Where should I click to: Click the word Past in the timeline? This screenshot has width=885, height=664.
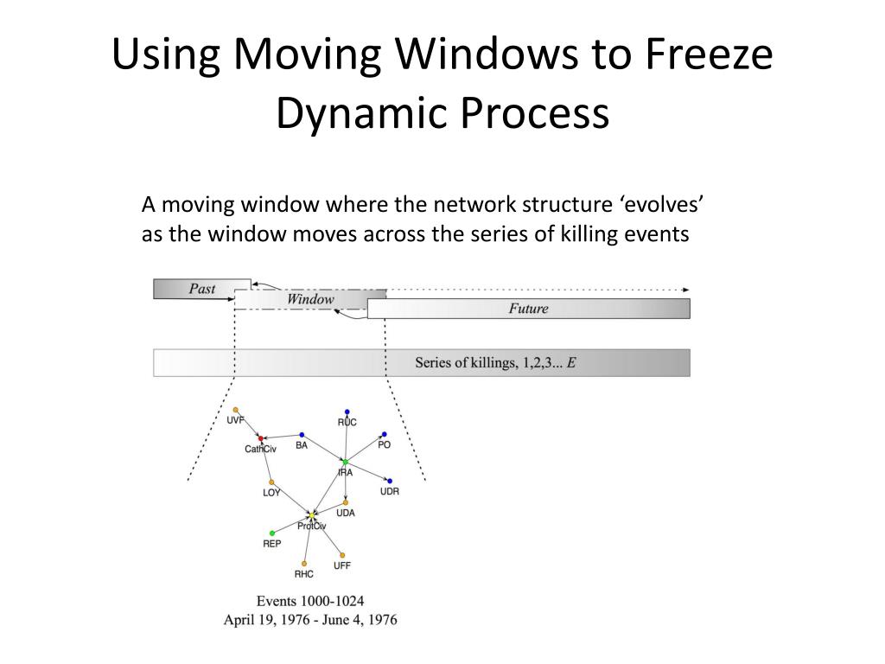201,289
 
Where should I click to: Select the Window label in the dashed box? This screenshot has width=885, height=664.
310,299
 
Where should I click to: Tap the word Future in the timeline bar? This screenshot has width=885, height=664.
528,309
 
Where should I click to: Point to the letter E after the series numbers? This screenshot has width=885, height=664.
571,362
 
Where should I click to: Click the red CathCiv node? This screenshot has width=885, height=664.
260,439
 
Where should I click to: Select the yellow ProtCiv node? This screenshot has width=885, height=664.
312,515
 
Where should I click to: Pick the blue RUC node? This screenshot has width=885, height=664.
347,412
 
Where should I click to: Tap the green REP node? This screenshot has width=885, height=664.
272,533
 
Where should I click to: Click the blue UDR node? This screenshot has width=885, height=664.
390,481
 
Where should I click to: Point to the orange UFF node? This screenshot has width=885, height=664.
342,555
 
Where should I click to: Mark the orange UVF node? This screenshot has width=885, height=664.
236,410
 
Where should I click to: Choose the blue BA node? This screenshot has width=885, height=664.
302,435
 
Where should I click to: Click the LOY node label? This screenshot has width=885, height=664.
271,493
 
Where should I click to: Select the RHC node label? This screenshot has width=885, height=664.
303,574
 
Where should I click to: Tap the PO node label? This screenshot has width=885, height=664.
385,444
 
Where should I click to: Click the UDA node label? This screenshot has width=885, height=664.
346,513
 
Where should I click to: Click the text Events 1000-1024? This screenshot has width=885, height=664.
310,600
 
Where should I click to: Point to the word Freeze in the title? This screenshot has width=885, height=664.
710,55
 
